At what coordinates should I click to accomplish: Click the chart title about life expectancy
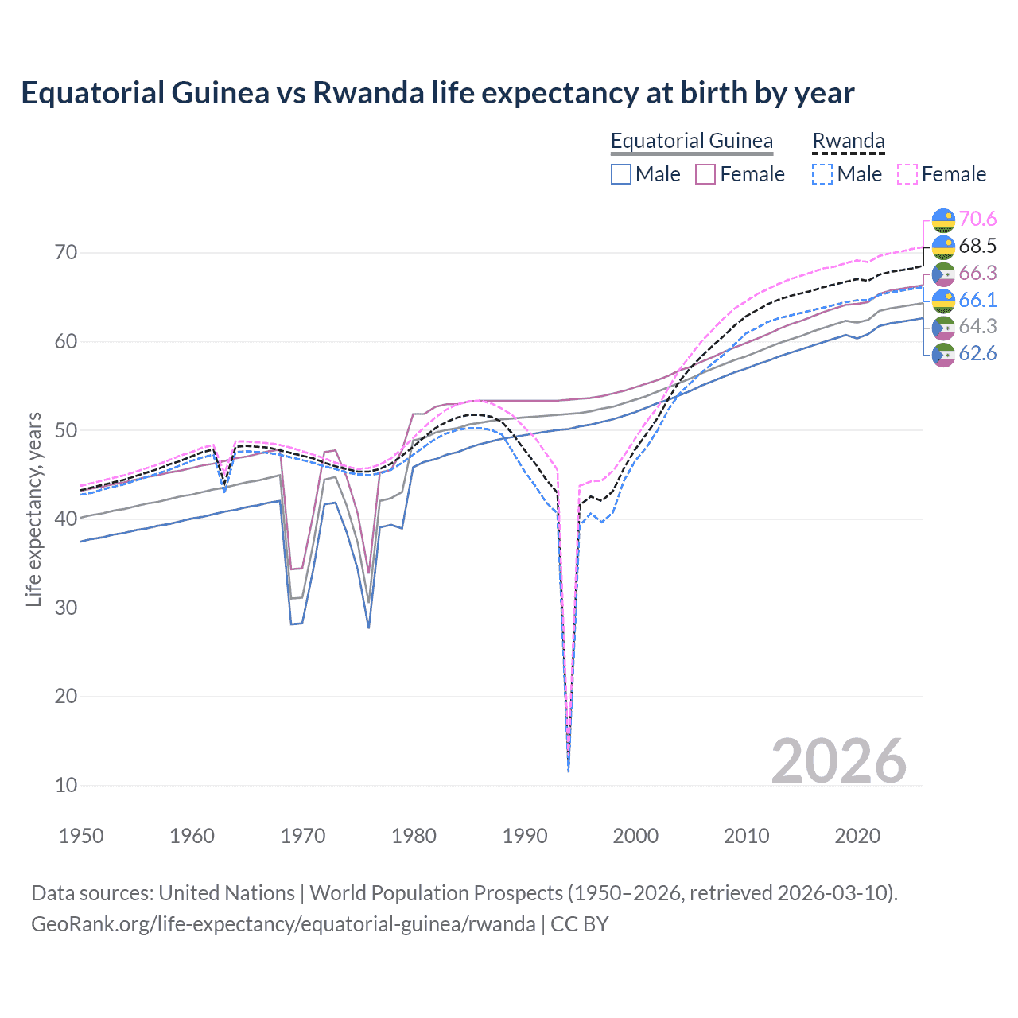coord(437,93)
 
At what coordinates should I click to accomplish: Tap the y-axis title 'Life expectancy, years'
coord(33,509)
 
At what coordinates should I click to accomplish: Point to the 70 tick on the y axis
coord(66,253)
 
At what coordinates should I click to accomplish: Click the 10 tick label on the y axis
coord(66,785)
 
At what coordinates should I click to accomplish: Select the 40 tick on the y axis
coord(66,519)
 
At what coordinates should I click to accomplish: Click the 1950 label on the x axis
coord(81,836)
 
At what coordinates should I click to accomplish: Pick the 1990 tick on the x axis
coord(525,836)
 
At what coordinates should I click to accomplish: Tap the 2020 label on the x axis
coord(857,836)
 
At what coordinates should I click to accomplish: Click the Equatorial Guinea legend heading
coord(691,141)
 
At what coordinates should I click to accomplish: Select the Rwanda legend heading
coord(848,141)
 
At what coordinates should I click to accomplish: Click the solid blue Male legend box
coord(621,174)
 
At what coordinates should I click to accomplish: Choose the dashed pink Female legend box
coord(907,174)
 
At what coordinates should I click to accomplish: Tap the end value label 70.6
coord(977,219)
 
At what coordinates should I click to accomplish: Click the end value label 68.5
coord(977,246)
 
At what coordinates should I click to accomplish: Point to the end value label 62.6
coord(977,353)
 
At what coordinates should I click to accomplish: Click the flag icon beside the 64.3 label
coord(943,327)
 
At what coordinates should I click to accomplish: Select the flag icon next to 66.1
coord(943,300)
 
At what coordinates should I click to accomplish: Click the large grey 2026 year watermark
coord(838,761)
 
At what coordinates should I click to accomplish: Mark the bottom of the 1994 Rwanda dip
coord(568,770)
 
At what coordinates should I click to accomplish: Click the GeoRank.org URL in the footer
coord(282,923)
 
